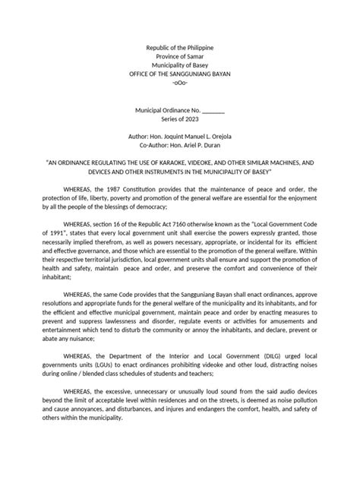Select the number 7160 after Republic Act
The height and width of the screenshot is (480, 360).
[x=172, y=227]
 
